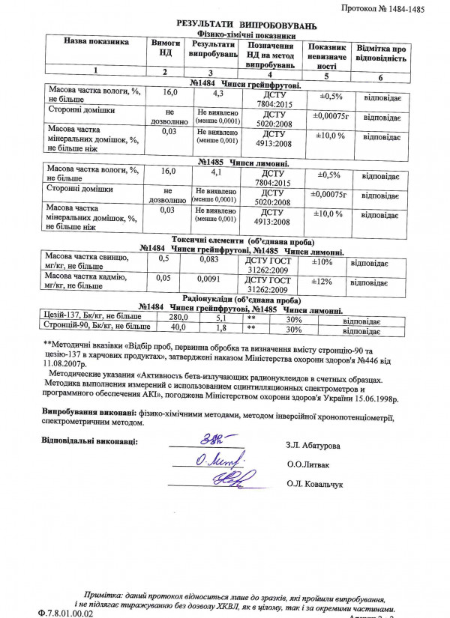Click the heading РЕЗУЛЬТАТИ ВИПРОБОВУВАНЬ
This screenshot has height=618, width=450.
pyautogui.click(x=241, y=24)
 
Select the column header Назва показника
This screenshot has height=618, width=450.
pyautogui.click(x=96, y=42)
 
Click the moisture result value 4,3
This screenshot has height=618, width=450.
pyautogui.click(x=219, y=94)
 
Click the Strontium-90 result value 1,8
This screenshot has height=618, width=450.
pyautogui.click(x=220, y=328)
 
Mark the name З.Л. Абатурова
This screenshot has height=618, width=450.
pyautogui.click(x=312, y=446)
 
